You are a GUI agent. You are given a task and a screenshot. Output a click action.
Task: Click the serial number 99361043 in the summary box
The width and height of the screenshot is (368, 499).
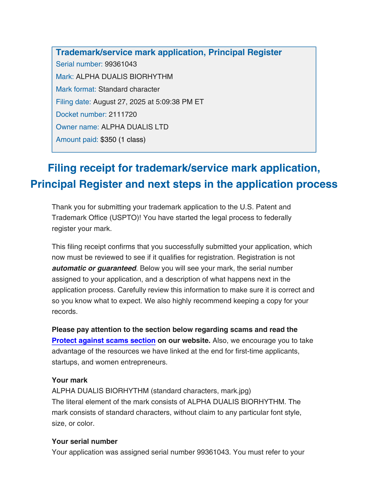pyautogui.click(x=121, y=64)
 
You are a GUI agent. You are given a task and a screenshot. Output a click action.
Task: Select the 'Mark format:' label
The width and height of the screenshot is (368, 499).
pyautogui.click(x=76, y=89)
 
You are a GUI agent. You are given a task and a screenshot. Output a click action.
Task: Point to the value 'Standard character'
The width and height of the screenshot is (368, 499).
pyautogui.click(x=129, y=89)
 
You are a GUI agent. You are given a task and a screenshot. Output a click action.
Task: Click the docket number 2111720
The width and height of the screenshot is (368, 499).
pyautogui.click(x=123, y=115)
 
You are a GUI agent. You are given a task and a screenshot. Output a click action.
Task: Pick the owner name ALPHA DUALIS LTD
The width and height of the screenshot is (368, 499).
pyautogui.click(x=134, y=127)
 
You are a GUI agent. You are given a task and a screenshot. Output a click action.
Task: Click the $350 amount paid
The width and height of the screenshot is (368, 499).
pyautogui.click(x=108, y=140)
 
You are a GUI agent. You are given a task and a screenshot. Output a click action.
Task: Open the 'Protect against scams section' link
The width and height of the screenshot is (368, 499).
pyautogui.click(x=104, y=341)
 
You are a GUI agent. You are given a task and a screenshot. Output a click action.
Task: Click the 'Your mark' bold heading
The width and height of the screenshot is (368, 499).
pyautogui.click(x=69, y=380)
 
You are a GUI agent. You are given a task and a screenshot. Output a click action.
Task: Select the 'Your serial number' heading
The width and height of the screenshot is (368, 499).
pyautogui.click(x=85, y=441)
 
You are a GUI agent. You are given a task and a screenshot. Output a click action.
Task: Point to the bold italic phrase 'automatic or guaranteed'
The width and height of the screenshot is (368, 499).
pyautogui.click(x=94, y=268)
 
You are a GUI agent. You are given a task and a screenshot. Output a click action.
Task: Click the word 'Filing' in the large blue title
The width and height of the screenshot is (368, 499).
pyautogui.click(x=64, y=168)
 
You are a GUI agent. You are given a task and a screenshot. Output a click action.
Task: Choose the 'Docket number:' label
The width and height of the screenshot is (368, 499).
pyautogui.click(x=81, y=115)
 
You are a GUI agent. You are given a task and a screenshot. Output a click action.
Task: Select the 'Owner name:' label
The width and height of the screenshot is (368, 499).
pyautogui.click(x=77, y=127)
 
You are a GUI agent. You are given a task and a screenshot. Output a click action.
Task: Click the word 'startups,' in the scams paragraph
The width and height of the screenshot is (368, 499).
pyautogui.click(x=65, y=362)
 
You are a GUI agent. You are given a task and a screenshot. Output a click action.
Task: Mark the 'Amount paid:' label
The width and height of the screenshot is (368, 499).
pyautogui.click(x=77, y=140)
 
